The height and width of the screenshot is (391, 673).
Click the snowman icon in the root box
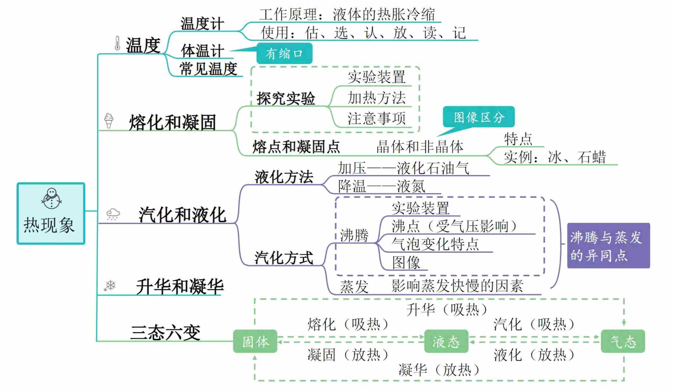(51, 199)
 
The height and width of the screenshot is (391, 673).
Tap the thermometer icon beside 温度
(117, 43)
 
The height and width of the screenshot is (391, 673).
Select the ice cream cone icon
(109, 121)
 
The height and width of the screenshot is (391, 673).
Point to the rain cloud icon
(113, 214)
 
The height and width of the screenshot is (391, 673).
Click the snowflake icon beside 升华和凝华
(110, 285)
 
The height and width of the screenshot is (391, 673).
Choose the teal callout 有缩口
(284, 53)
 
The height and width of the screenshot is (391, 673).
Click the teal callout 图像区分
(479, 117)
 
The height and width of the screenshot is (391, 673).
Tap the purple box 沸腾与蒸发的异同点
(608, 246)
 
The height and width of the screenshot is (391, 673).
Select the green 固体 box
(255, 341)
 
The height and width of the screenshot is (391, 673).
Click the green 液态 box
(446, 341)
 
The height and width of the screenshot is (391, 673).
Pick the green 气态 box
(623, 341)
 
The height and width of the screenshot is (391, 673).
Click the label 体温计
(202, 51)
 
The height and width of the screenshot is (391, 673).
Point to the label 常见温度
(208, 69)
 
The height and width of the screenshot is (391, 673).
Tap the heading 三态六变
(166, 332)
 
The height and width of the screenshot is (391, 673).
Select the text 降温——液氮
(381, 186)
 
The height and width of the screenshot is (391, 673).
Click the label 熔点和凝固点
(296, 147)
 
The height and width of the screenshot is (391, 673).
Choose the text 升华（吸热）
(446, 310)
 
